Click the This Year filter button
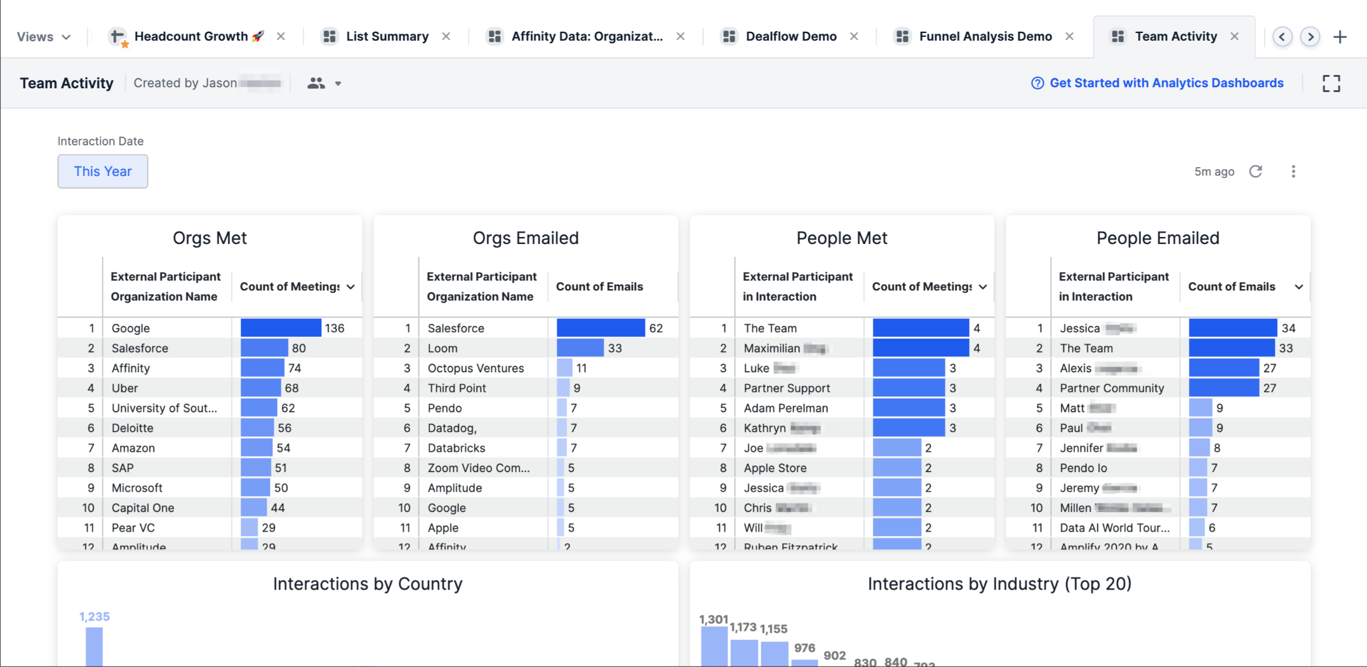(102, 172)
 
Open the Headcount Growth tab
(190, 37)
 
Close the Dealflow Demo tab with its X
(854, 37)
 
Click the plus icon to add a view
(1340, 37)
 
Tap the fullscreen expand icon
(1331, 83)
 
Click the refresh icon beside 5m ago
(1255, 172)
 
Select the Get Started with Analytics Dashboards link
(1166, 83)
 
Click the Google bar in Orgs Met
(281, 328)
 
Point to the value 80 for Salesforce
(299, 348)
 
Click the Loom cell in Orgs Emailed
(443, 348)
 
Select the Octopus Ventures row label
(476, 368)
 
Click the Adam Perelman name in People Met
(785, 408)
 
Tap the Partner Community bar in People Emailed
(1223, 388)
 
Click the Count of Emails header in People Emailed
(1231, 286)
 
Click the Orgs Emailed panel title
(525, 238)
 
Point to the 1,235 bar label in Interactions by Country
(94, 617)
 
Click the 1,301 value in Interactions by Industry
(713, 619)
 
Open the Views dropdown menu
(43, 37)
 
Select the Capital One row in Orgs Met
(143, 508)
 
